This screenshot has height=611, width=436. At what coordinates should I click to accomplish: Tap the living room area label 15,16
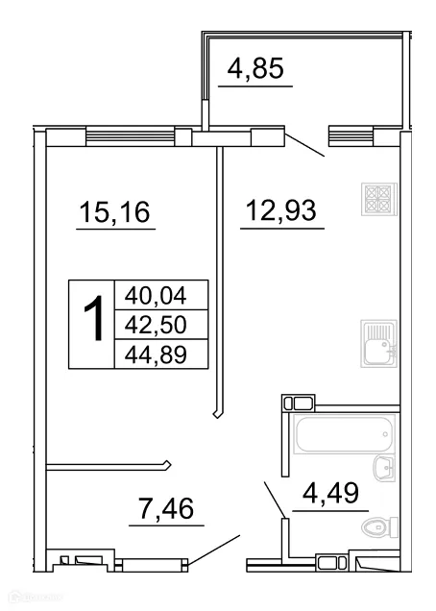pyautogui.click(x=115, y=210)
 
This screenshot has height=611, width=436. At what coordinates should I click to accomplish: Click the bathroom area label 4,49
pyautogui.click(x=329, y=496)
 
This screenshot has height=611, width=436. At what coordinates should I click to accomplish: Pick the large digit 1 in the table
pyautogui.click(x=92, y=320)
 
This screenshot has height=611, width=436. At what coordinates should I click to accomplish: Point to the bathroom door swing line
pyautogui.click(x=274, y=501)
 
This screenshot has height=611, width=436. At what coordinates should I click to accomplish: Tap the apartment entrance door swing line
pyautogui.click(x=213, y=552)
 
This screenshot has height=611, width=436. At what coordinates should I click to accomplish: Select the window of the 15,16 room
pyautogui.click(x=130, y=136)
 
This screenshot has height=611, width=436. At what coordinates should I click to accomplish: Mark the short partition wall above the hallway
pyautogui.click(x=109, y=467)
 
